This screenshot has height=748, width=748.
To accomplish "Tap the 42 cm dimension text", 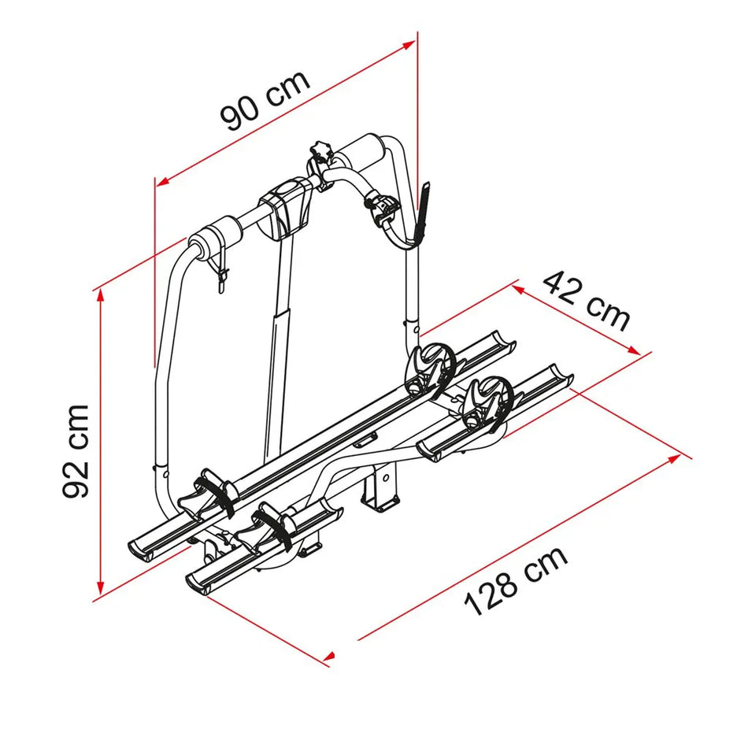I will point(587,301).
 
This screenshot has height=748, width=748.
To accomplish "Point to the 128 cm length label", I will point(516,582).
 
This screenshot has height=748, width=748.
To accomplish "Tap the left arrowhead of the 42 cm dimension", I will point(519,288).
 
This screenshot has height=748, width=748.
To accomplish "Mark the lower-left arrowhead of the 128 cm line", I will point(331,654).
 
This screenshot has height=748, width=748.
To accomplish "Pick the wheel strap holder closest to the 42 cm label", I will point(482,399).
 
